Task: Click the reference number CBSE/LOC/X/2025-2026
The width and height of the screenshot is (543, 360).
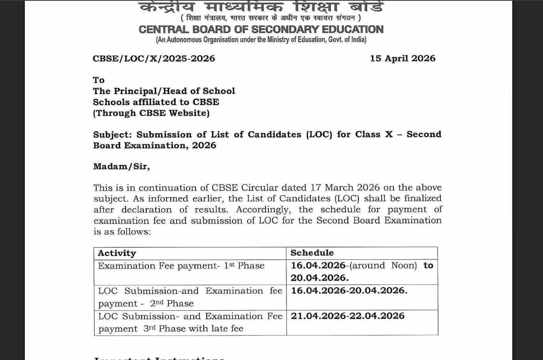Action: point(154,59)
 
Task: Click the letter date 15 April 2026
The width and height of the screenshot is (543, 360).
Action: point(402,58)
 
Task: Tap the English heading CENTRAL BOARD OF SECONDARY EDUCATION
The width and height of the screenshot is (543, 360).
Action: point(261,30)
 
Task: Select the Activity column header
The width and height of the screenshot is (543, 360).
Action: point(117,253)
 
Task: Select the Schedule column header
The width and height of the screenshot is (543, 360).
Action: point(312,253)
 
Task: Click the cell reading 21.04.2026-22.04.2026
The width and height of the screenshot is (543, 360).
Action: point(347,316)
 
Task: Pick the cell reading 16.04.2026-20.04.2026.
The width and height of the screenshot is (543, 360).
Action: point(349,291)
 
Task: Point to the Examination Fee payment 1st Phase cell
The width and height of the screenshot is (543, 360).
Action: point(181,266)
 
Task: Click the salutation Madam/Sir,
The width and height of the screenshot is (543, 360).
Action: point(121,166)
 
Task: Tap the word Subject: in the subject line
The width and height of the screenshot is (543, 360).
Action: point(112,134)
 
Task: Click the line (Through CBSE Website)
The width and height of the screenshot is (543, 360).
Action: point(151,113)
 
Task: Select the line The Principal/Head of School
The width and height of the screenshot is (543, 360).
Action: point(164,91)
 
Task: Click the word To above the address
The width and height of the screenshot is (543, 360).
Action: point(99,80)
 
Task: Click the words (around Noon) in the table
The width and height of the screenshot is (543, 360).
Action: point(383,265)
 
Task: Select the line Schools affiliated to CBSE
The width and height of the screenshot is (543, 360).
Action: point(156,102)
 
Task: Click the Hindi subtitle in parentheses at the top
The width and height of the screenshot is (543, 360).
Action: point(271,18)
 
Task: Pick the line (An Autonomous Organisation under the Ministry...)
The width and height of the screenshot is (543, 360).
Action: point(261,39)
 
